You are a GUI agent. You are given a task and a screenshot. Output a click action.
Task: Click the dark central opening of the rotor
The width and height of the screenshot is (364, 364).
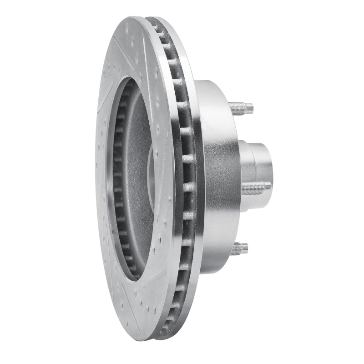(x=136, y=182)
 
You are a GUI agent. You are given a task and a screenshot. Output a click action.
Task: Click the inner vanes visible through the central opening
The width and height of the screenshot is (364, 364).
(x=119, y=182)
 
